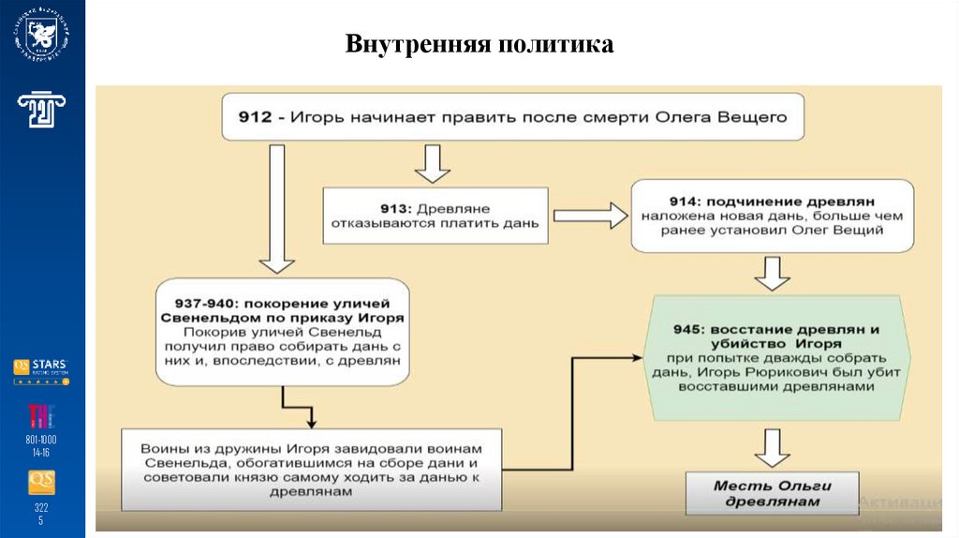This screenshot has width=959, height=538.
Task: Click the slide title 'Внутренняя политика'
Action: click(479, 44)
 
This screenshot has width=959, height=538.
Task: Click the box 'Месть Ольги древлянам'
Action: click(772, 493)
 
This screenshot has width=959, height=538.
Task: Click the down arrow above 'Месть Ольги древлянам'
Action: click(773, 447)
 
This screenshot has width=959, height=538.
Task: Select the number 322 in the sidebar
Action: click(41, 507)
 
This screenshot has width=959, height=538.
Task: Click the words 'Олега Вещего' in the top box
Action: click(734, 118)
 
